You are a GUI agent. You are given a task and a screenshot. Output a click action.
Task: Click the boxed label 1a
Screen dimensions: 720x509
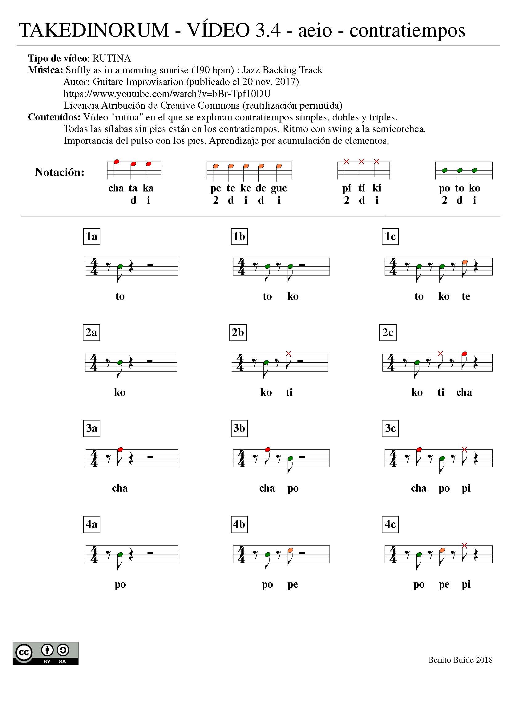click(91, 236)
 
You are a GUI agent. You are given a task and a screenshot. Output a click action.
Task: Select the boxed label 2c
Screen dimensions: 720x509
click(388, 332)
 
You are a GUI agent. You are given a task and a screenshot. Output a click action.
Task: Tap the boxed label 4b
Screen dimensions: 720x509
click(239, 524)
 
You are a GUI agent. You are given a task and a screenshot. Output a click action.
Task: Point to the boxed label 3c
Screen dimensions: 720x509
click(390, 428)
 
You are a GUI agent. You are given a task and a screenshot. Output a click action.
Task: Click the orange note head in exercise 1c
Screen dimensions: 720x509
click(465, 262)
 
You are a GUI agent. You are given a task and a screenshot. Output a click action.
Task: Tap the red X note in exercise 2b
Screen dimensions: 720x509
click(289, 353)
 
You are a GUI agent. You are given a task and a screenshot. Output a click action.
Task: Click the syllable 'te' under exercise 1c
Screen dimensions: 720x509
click(466, 296)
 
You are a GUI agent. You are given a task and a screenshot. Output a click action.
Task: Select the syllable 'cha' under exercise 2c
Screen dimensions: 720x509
click(464, 392)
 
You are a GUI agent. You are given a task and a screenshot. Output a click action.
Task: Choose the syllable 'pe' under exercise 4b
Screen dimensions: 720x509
click(293, 584)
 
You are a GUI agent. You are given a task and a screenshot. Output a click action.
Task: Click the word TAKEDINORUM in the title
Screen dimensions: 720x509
click(94, 30)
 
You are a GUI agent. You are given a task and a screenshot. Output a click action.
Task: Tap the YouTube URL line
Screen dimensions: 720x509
click(167, 94)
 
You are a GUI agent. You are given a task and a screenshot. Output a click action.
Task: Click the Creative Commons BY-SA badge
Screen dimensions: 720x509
click(46, 653)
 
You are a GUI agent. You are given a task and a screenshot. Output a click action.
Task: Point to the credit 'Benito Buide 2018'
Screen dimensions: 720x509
click(460, 660)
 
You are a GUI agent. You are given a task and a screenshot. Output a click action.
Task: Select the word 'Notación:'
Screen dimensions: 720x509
click(60, 172)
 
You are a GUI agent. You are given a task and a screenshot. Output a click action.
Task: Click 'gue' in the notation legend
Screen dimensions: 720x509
click(279, 188)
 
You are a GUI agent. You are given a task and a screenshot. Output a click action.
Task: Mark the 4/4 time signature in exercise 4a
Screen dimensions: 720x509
click(94, 554)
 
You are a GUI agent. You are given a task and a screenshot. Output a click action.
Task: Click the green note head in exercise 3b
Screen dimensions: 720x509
click(290, 458)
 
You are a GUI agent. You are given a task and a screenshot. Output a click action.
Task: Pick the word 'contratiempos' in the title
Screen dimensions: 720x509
click(407, 30)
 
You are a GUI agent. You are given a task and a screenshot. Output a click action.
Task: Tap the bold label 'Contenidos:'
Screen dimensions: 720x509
click(54, 117)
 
